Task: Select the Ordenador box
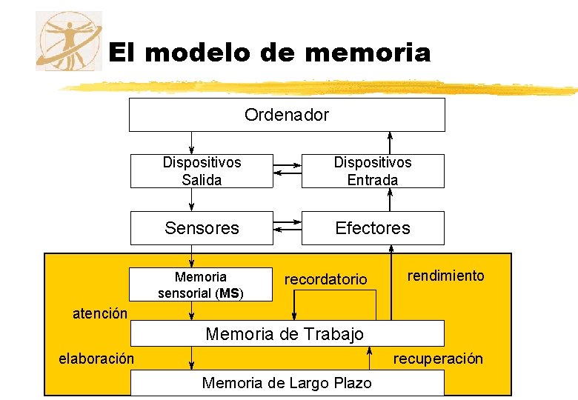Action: [287, 115]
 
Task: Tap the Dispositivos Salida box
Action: [202, 171]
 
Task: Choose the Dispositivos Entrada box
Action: [373, 171]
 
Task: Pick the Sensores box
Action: [202, 228]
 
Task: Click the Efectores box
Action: [373, 228]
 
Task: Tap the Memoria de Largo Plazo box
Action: [287, 383]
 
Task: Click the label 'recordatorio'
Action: [325, 279]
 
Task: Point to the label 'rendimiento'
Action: [445, 276]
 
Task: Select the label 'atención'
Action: [99, 313]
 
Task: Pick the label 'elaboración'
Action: [96, 359]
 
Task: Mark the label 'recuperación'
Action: [438, 359]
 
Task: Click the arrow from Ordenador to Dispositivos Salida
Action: [191, 142]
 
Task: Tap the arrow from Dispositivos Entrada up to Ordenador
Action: [391, 142]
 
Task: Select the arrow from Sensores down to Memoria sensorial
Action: [191, 256]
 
